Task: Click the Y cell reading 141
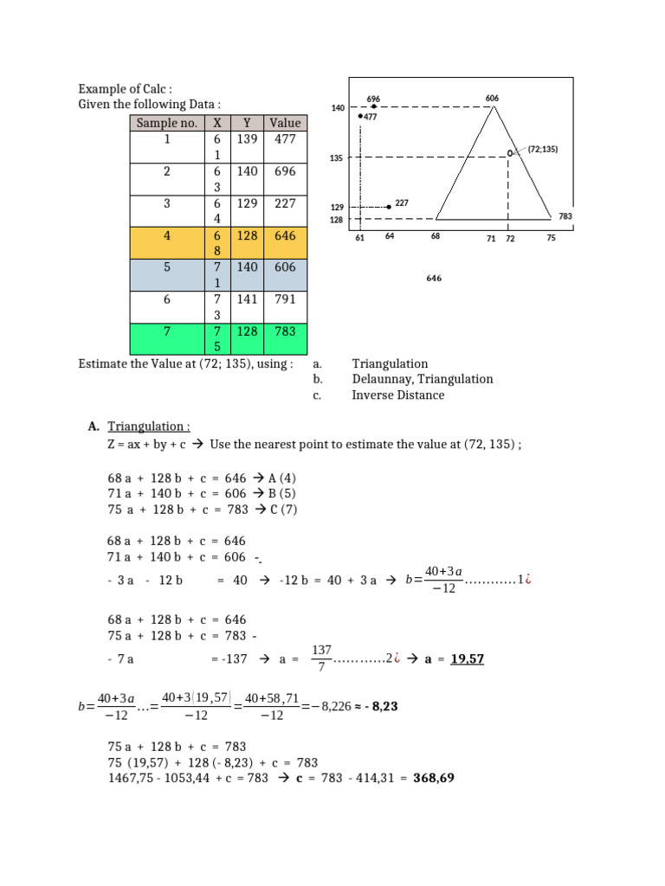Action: click(x=247, y=299)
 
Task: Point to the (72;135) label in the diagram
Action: click(x=543, y=149)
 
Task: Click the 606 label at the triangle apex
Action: click(x=492, y=99)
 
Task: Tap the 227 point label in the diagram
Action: click(x=402, y=202)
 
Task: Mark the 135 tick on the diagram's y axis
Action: click(x=338, y=158)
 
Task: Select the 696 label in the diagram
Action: click(x=374, y=100)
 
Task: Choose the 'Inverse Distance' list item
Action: click(x=397, y=395)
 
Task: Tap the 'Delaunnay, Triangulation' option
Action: click(x=422, y=379)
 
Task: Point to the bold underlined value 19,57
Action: click(x=468, y=659)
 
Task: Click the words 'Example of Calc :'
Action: click(x=126, y=89)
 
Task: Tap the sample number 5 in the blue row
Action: click(x=168, y=268)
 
